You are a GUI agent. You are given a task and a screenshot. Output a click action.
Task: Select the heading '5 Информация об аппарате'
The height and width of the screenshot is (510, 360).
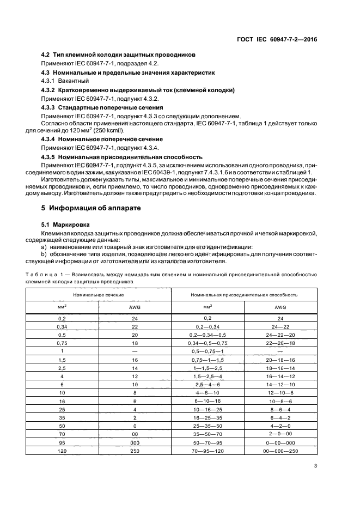(x=87, y=208)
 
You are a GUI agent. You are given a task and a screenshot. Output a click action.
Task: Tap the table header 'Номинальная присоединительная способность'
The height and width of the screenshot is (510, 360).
(x=243, y=294)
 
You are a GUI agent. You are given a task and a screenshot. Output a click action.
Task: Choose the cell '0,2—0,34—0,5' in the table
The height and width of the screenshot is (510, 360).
(x=208, y=335)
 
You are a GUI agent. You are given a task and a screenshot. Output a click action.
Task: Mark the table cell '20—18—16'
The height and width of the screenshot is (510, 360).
(x=280, y=361)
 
